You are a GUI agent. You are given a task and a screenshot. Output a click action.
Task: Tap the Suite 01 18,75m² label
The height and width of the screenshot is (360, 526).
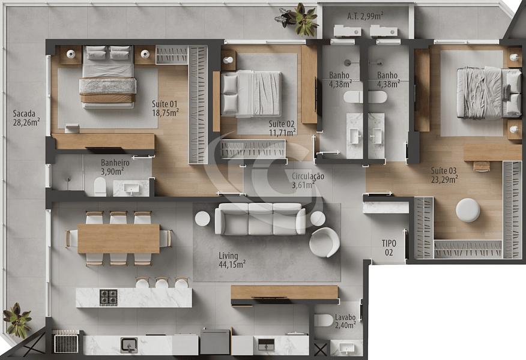[x=165, y=107]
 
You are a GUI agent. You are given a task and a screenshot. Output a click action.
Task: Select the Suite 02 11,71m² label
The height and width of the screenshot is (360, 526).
[x=282, y=128]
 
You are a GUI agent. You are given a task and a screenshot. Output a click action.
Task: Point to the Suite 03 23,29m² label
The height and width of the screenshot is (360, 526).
[x=444, y=175]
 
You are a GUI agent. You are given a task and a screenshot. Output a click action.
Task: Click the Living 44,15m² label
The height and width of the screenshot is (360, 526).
[x=232, y=259]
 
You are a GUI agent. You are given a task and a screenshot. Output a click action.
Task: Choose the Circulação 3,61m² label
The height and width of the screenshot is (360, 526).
[x=307, y=181]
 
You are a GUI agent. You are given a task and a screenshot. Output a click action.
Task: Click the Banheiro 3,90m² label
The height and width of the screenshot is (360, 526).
[x=112, y=166]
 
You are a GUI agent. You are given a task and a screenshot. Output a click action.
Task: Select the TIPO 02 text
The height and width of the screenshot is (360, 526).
[x=389, y=248]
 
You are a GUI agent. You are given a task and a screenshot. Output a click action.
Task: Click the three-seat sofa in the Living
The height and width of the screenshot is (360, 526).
[x=260, y=219]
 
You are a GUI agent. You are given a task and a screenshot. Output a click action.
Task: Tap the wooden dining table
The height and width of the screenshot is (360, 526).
[x=118, y=238]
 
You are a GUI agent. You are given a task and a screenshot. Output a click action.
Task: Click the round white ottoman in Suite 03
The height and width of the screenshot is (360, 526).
[x=468, y=210]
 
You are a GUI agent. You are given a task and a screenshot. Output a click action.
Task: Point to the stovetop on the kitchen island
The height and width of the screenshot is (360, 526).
[x=109, y=297]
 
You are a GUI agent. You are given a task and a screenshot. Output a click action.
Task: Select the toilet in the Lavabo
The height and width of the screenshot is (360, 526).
[x=323, y=320]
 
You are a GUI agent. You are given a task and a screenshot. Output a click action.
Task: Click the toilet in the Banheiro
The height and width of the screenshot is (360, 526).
[x=100, y=188]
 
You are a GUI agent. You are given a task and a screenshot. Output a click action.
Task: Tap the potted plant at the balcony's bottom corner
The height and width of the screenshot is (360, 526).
[x=17, y=320]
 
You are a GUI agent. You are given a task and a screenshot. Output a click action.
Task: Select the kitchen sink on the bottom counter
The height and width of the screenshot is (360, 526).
[x=128, y=345]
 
